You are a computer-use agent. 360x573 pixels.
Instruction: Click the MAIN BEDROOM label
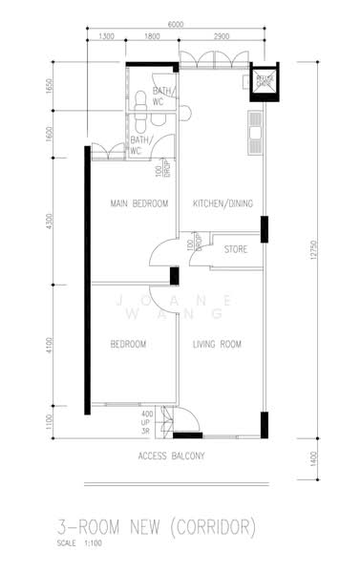[138, 203]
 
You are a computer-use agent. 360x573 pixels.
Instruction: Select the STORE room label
[236, 249]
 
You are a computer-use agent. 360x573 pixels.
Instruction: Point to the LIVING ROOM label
[216, 344]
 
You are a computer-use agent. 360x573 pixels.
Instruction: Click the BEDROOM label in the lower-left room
[127, 344]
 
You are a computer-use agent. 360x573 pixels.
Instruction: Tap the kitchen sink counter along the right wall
[256, 134]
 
